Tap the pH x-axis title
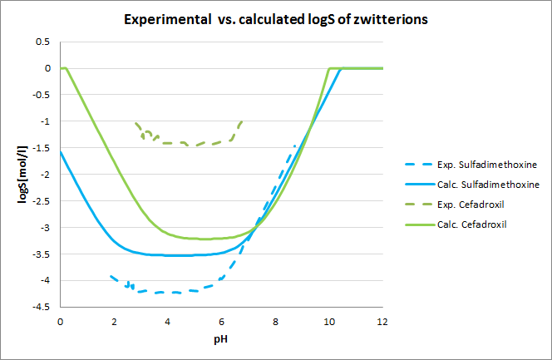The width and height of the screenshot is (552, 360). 220,340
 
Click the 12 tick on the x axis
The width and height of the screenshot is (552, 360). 382,321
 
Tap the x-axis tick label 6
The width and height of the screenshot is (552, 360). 221,321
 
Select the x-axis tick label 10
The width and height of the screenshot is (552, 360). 328,321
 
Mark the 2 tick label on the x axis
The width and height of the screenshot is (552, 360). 114,321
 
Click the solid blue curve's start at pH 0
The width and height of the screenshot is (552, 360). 61,151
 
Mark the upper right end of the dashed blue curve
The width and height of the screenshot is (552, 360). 295,145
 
